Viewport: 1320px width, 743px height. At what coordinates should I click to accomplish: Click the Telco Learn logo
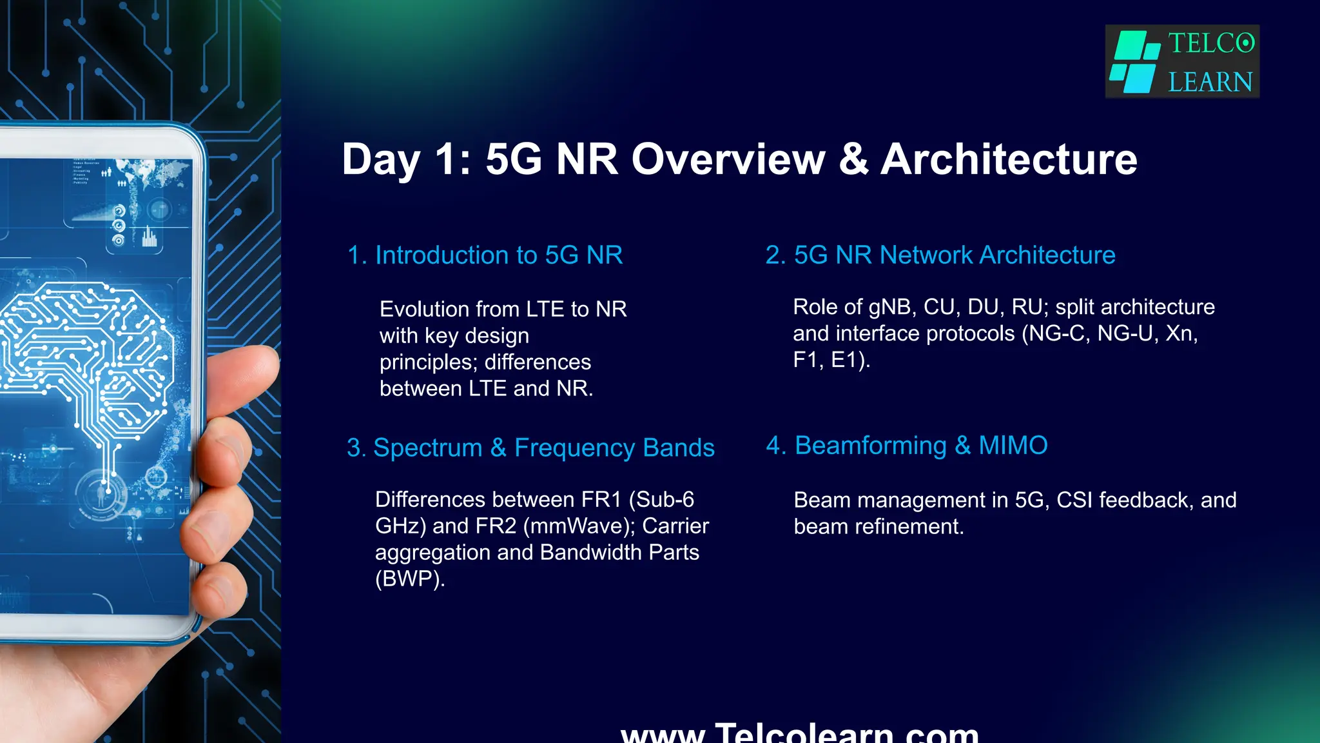pos(1182,62)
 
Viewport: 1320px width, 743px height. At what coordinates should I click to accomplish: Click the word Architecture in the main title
pos(1009,159)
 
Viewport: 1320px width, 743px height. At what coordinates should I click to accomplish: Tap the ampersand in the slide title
pos(853,159)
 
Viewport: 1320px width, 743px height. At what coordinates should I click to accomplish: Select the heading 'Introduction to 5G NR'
pos(485,255)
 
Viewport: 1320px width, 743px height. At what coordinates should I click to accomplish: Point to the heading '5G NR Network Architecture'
pos(940,255)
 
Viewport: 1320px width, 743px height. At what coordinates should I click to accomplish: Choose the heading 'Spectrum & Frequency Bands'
pos(530,448)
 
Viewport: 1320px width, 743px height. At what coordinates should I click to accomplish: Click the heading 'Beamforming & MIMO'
pos(906,446)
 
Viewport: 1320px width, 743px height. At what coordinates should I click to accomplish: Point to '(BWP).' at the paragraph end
pos(410,579)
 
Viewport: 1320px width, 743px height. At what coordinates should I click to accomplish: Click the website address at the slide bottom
pos(799,733)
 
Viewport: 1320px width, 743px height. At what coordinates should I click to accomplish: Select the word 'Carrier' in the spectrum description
pos(675,526)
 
